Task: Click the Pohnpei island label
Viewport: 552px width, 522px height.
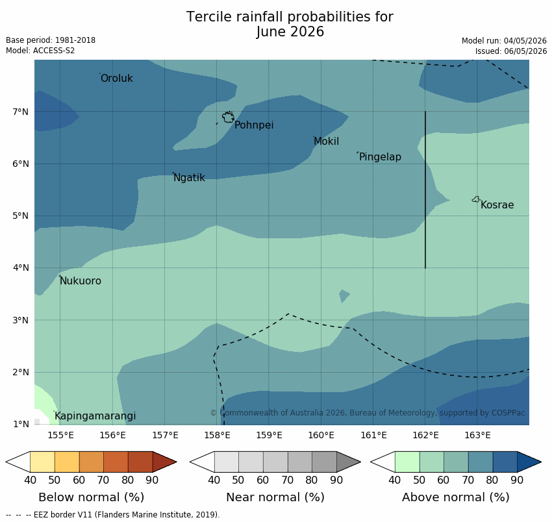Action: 254,125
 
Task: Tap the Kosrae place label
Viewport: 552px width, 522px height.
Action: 497,205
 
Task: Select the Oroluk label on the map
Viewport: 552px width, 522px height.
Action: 116,78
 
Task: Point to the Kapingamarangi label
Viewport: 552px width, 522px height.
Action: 95,416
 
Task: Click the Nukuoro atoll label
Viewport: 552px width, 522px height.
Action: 81,281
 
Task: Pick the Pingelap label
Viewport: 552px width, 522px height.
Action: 380,157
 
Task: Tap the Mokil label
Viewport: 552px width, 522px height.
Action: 327,142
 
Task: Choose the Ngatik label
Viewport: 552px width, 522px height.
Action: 190,178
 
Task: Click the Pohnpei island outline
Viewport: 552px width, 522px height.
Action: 229,117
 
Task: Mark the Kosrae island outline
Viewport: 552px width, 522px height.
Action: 476,199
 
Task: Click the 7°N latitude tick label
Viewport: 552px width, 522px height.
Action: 20,112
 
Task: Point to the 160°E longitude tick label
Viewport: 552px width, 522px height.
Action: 321,436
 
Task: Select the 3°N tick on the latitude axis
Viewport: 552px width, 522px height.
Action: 20,320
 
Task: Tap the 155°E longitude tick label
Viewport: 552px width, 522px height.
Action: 60,436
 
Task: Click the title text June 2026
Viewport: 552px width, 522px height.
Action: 290,32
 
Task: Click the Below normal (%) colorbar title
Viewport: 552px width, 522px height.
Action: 91,497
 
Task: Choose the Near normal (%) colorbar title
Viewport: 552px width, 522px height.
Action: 275,497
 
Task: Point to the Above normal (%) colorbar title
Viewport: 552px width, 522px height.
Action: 455,497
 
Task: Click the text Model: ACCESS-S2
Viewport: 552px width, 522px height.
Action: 40,51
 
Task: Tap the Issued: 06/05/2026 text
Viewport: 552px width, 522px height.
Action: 511,51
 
